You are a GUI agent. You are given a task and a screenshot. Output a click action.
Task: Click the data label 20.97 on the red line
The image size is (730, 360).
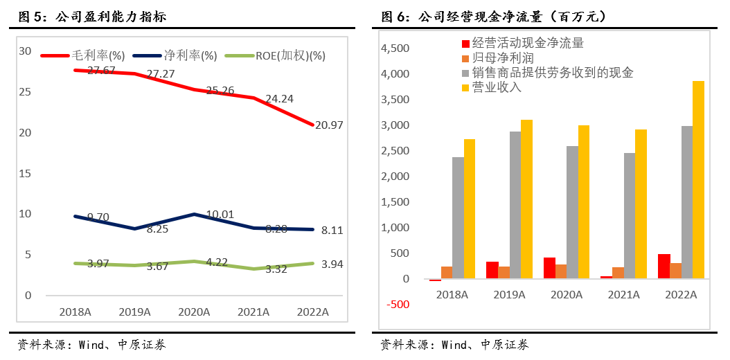point(328,125)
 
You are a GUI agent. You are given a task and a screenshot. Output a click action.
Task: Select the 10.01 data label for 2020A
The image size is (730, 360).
point(220,215)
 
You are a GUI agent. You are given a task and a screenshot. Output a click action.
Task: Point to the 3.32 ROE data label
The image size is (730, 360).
point(275,269)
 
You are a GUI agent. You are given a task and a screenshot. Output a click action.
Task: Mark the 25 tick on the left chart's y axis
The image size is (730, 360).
point(25,91)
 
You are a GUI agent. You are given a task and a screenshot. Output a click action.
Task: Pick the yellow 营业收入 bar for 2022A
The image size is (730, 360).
point(698,180)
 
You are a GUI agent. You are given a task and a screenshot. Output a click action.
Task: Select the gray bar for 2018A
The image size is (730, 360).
point(458,218)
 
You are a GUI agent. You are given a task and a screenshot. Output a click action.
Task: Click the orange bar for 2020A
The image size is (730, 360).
point(560,271)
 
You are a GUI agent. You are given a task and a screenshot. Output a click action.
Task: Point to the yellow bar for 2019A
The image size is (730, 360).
point(527,199)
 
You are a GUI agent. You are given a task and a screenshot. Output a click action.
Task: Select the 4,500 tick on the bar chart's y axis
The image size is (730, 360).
point(396,48)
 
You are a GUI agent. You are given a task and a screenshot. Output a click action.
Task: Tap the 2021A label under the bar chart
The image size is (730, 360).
point(623,295)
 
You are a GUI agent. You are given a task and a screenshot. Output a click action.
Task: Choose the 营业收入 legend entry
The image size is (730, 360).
point(497,87)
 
